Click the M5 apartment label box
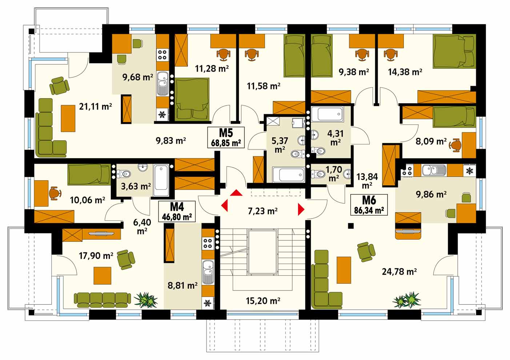(226, 137)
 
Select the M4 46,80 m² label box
(177, 212)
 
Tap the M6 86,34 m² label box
(369, 205)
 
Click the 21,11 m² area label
(95, 106)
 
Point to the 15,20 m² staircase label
(263, 301)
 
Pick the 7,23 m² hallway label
(262, 211)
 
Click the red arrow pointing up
(236, 193)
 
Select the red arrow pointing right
(301, 209)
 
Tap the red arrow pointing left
(225, 205)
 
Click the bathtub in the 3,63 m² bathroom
(161, 180)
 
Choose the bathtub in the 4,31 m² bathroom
(328, 114)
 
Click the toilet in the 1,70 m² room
(318, 174)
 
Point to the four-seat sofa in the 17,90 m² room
(103, 300)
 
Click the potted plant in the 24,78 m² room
(407, 300)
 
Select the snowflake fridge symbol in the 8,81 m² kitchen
(207, 303)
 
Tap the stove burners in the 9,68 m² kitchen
(162, 55)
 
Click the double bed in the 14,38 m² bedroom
(454, 51)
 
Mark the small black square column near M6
(351, 226)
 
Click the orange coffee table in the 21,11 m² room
(68, 119)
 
